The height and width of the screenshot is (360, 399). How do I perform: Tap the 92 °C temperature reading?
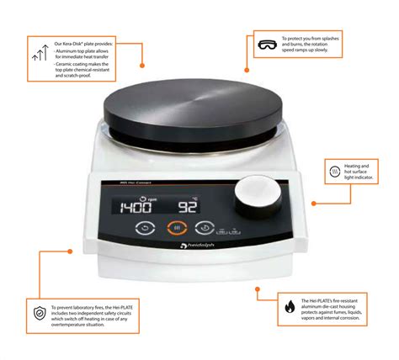click(x=188, y=206)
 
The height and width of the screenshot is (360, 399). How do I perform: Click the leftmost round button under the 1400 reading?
click(x=145, y=227)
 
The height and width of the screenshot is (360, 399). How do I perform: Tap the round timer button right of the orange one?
click(x=205, y=227)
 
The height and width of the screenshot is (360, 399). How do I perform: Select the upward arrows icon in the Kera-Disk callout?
click(x=39, y=55)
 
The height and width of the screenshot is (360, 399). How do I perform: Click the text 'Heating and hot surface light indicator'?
click(x=367, y=172)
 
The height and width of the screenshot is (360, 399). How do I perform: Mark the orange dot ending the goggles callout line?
click(x=247, y=70)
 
